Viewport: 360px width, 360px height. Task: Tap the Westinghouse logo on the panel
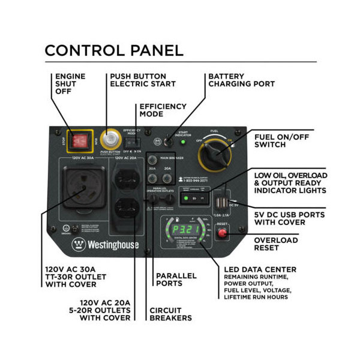coord(106,245)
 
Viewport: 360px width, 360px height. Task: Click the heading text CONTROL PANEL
coord(114,50)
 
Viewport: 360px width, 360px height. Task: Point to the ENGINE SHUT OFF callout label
coord(70,83)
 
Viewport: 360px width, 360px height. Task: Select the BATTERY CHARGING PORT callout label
coord(241,80)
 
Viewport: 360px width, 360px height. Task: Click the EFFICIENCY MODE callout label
coord(163,110)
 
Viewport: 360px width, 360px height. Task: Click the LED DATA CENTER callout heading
coord(260,269)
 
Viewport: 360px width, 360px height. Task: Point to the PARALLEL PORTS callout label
coord(176,280)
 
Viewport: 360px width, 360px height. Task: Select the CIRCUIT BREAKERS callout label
coord(170,313)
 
